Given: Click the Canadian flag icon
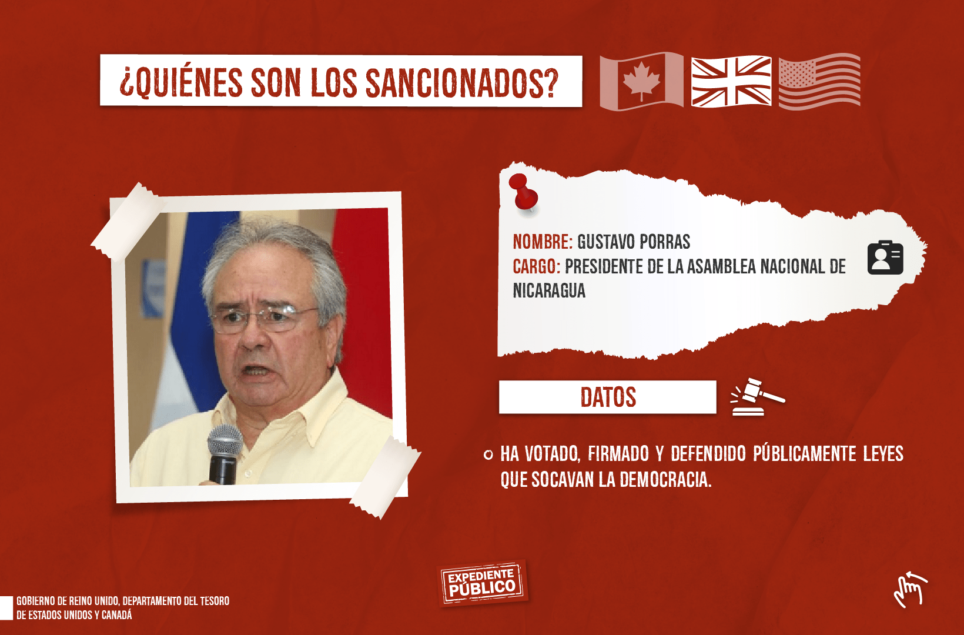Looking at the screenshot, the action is (x=641, y=81).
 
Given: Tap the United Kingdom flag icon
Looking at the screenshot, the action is (x=731, y=81).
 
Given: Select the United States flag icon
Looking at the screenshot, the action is (x=819, y=81).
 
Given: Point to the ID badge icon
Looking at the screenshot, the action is (x=885, y=258).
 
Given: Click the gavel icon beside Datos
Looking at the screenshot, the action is (x=758, y=397).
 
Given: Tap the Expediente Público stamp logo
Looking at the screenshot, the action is (x=482, y=583).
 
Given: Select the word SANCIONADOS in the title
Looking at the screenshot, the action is (x=461, y=82).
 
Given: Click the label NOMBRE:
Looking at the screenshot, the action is (x=543, y=242).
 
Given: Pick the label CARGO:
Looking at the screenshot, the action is (x=537, y=266).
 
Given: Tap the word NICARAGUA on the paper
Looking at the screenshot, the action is (x=549, y=290).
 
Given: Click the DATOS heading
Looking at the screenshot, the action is (x=608, y=397).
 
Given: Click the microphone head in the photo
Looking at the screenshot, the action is (x=225, y=442).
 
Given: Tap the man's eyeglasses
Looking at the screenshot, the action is (x=263, y=319).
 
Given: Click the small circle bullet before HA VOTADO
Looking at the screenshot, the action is (x=488, y=455).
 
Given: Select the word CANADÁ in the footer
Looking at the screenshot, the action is (x=116, y=615).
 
